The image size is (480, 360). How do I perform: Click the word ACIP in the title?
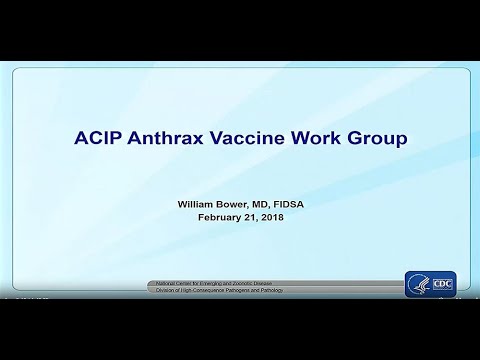[x=97, y=138]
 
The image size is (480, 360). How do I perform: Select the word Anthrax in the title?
[x=162, y=138]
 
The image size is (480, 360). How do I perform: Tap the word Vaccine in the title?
[x=246, y=138]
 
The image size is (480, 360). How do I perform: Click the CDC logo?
[x=430, y=283]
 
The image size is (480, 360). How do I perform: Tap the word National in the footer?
[x=162, y=283]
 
